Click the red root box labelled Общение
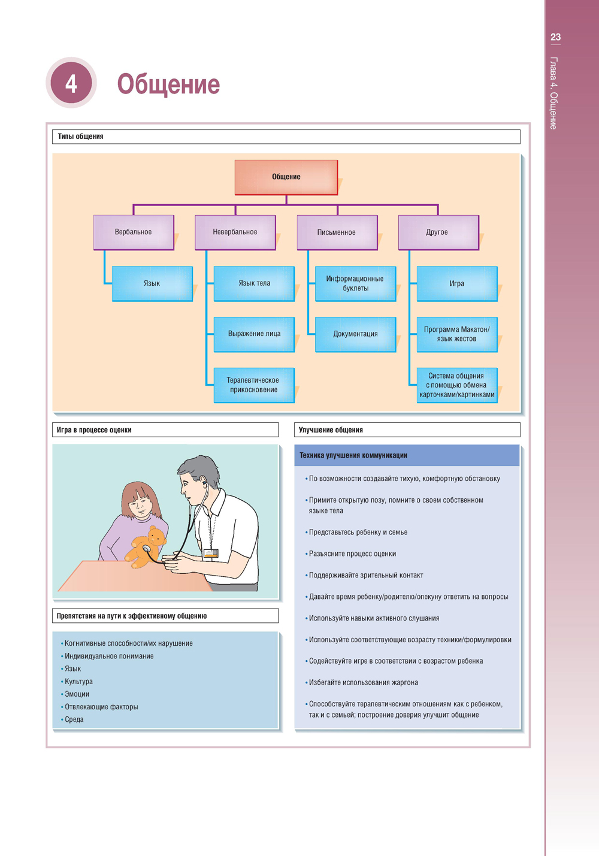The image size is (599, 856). click(x=286, y=177)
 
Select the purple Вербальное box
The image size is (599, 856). click(x=134, y=232)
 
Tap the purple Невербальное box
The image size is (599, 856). click(x=235, y=232)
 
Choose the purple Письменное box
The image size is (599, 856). click(x=337, y=232)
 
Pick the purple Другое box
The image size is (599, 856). click(x=438, y=232)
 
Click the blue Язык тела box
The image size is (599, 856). click(x=254, y=283)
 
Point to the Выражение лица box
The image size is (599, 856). click(x=254, y=334)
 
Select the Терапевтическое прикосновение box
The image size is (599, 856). click(x=253, y=385)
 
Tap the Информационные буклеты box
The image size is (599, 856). click(x=355, y=283)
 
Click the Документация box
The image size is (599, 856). click(x=355, y=334)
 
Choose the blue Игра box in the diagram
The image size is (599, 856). click(x=456, y=283)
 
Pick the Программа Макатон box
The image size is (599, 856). click(x=456, y=334)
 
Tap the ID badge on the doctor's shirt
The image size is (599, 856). click(x=210, y=553)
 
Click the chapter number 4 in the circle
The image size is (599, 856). click(x=71, y=83)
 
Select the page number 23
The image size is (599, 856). click(x=555, y=37)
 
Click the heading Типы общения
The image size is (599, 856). click(x=81, y=137)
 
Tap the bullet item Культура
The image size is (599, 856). click(x=78, y=682)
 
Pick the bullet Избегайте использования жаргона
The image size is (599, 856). click(x=363, y=682)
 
